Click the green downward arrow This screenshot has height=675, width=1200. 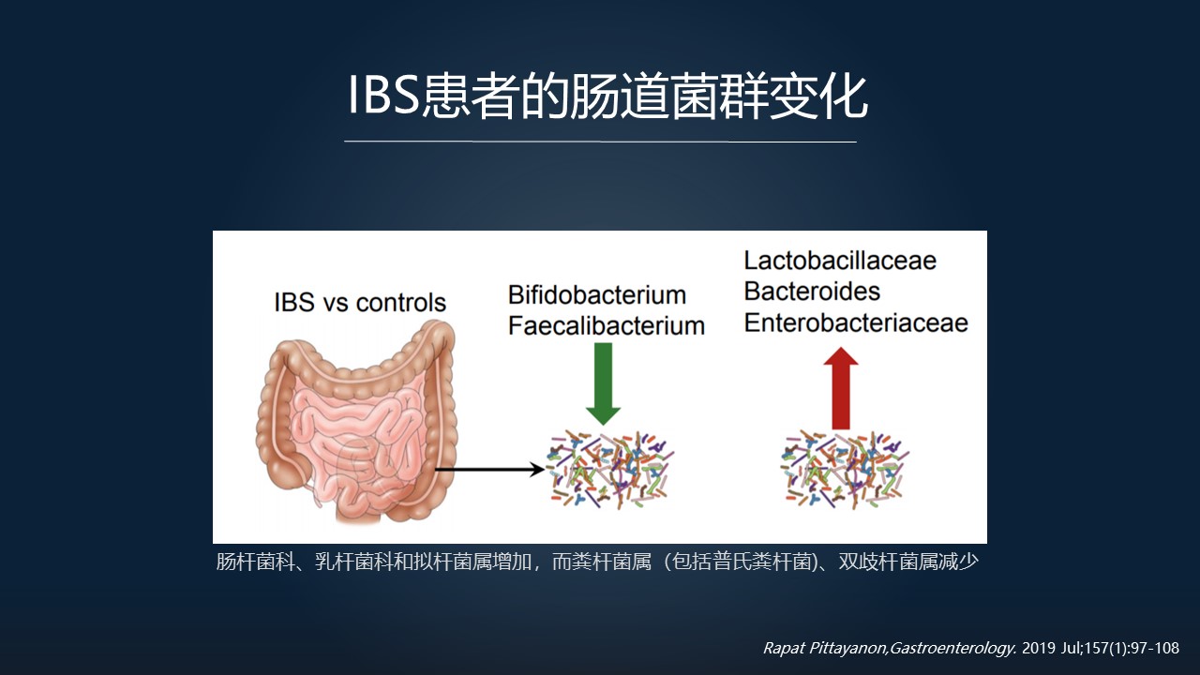click(603, 383)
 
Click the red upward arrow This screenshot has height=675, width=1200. click(841, 388)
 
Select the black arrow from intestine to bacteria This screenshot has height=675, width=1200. click(489, 470)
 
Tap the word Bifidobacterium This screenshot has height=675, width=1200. click(597, 295)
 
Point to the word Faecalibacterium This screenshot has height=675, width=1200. click(607, 325)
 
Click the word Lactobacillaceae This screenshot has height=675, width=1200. click(840, 261)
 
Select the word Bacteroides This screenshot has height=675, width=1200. click(812, 292)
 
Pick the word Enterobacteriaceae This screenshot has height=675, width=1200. click(856, 322)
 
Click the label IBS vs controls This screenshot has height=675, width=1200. click(360, 303)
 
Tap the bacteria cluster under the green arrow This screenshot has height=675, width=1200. click(610, 470)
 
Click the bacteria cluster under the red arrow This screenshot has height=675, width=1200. click(845, 470)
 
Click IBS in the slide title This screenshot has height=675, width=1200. click(383, 95)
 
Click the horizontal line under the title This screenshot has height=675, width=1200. click(600, 142)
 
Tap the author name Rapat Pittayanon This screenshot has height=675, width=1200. click(825, 648)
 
